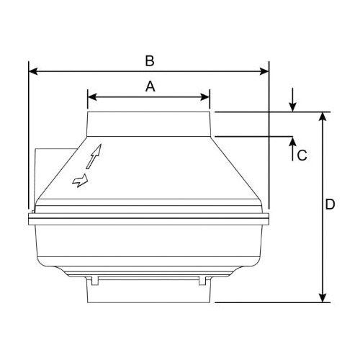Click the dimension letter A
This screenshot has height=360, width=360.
tap(150, 86)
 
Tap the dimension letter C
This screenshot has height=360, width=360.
tap(302, 154)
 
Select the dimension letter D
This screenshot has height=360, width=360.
tap(330, 205)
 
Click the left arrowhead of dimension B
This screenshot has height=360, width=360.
tap(33, 71)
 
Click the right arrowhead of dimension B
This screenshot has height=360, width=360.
tap(264, 71)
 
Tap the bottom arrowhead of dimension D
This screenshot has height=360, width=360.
tap(323, 297)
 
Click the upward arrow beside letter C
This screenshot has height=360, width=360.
tap(292, 144)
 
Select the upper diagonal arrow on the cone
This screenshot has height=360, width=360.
tap(96, 156)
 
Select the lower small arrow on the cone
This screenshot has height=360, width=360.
tap(81, 179)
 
